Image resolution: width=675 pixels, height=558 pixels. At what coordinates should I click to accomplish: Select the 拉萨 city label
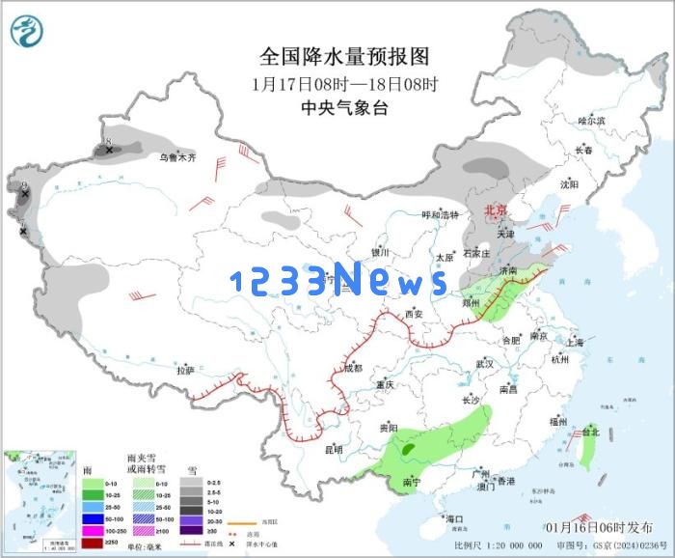pos(185,370)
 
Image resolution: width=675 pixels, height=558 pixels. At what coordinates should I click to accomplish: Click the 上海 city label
pos(575,342)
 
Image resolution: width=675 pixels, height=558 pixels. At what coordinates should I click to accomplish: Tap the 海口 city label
pos(454,519)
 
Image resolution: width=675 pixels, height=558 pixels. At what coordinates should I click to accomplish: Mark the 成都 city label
pos(353,368)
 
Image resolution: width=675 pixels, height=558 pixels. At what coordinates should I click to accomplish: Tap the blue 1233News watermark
pos(338,281)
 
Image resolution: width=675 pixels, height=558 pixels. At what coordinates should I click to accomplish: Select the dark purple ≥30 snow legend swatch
pos(192,530)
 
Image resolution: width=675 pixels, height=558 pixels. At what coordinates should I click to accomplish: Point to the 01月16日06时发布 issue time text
pos(597,526)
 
